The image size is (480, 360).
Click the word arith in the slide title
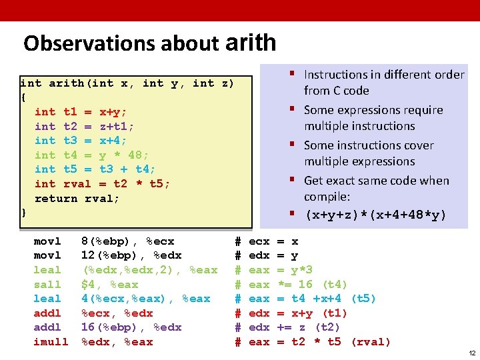pyautogui.click(x=251, y=43)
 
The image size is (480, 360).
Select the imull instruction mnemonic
pyautogui.click(x=51, y=342)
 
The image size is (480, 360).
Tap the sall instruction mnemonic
pyautogui.click(x=47, y=285)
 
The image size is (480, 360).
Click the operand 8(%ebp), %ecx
pyautogui.click(x=127, y=241)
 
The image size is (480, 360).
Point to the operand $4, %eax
pyautogui.click(x=109, y=285)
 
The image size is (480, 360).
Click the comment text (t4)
pyautogui.click(x=335, y=285)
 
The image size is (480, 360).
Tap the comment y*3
pyautogui.click(x=303, y=270)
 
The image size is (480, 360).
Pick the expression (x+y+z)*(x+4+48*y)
pyautogui.click(x=375, y=215)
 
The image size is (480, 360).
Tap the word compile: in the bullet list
pyautogui.click(x=328, y=197)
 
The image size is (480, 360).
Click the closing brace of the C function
pyautogui.click(x=24, y=213)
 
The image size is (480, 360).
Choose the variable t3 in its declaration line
pyautogui.click(x=70, y=141)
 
